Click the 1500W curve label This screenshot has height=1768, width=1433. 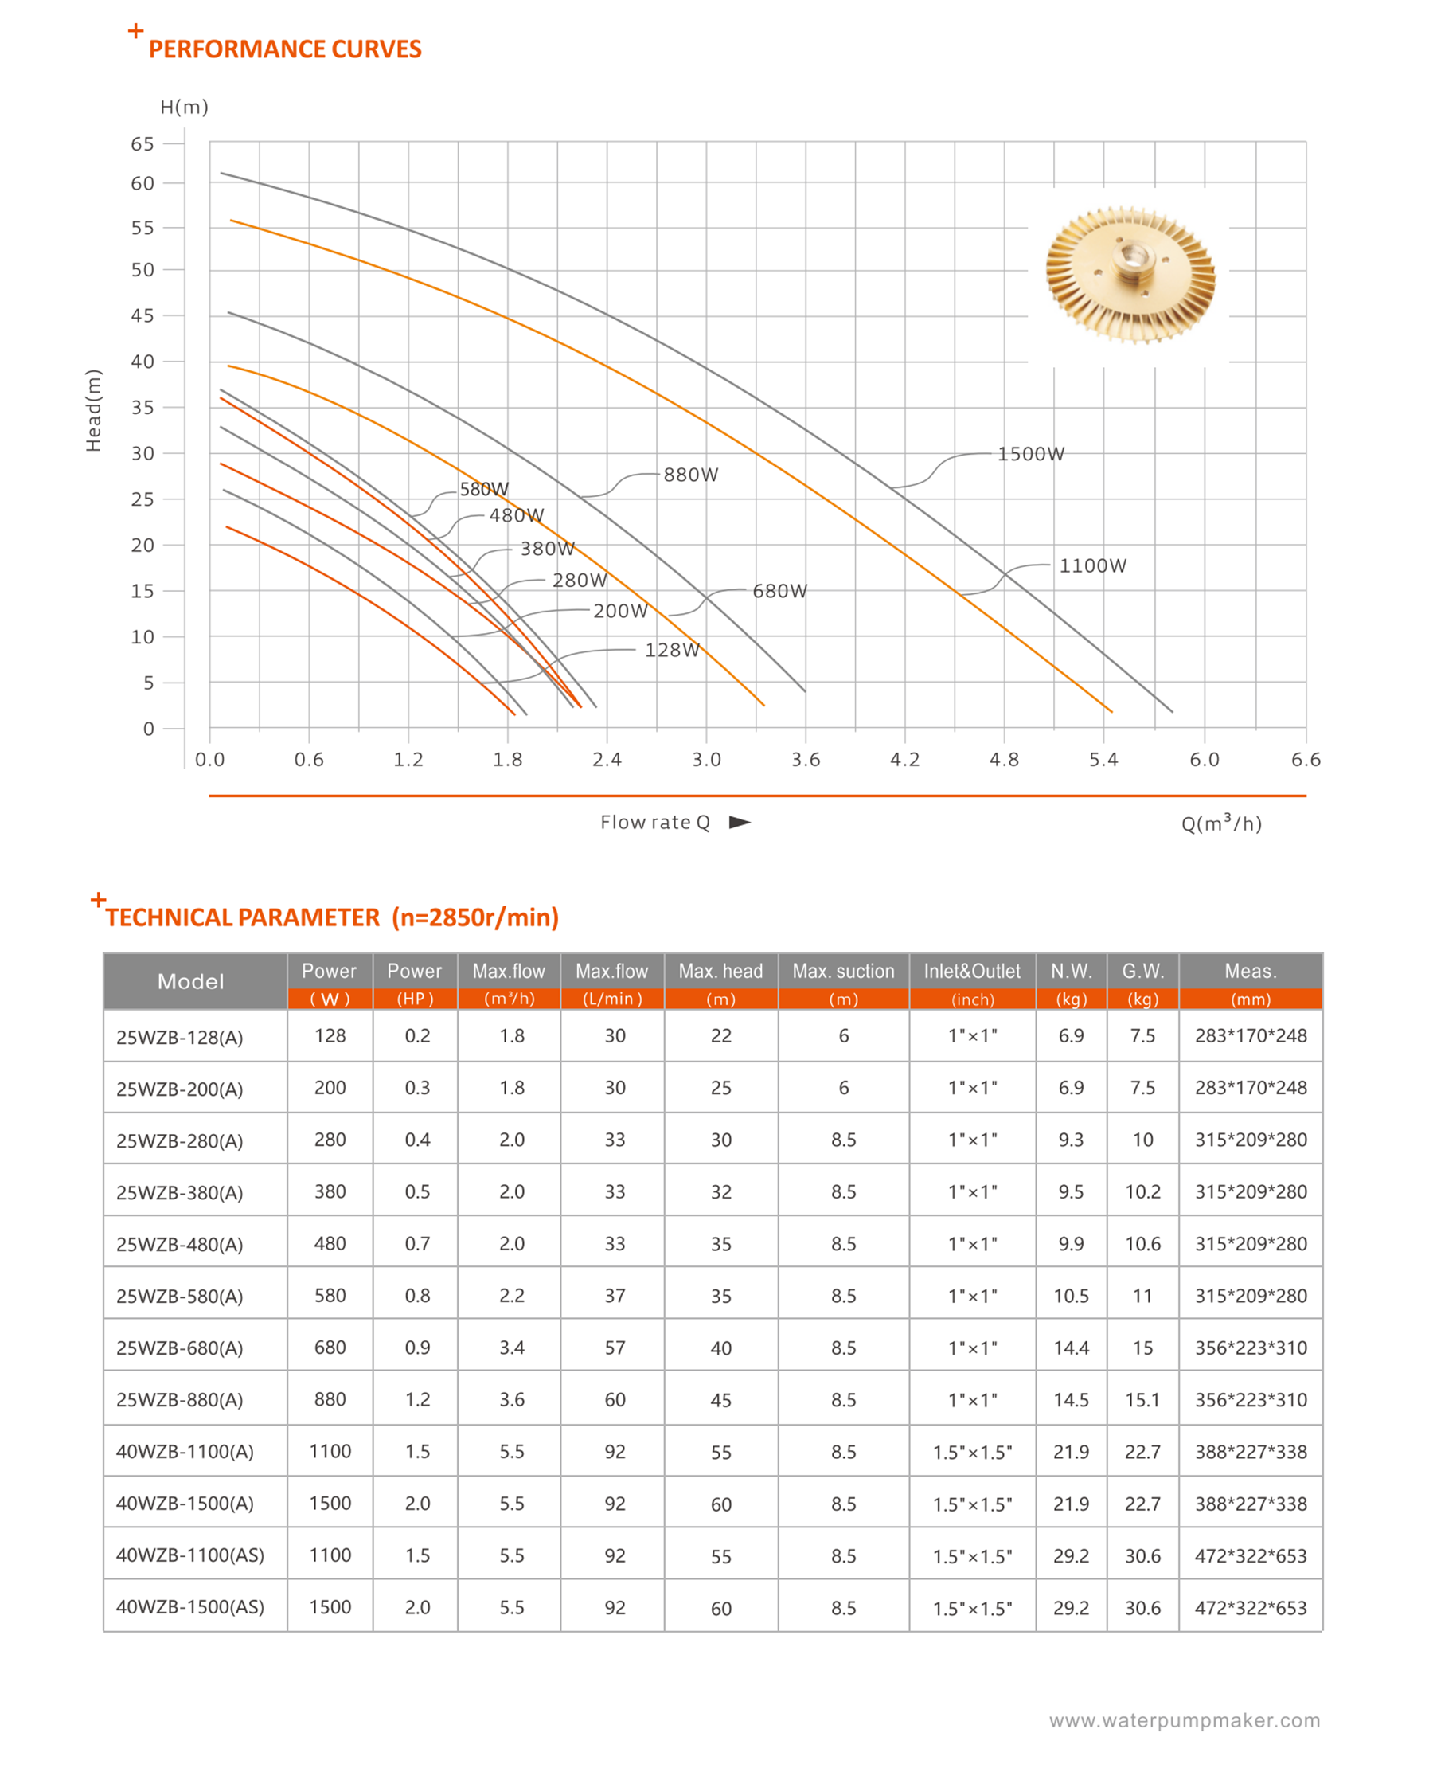coord(1030,453)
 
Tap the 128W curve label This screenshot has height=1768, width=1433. coord(672,650)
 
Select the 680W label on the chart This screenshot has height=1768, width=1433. coord(779,590)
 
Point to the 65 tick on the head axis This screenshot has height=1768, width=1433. coord(142,143)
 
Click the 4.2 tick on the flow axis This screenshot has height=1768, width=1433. coord(904,760)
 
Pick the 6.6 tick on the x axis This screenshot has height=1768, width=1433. coord(1306,760)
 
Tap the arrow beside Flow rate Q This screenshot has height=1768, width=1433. coord(740,822)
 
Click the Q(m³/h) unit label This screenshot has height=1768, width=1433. coord(1221,823)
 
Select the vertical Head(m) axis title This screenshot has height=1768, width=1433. coord(93,410)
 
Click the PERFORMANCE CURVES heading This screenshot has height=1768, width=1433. coord(285,49)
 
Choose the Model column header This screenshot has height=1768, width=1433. coord(191,981)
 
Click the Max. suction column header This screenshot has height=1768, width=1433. coord(843,971)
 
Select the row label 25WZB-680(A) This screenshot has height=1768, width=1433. coord(179,1348)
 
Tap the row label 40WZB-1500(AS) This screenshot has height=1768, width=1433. coord(189,1607)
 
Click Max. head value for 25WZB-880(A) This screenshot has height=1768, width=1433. coord(720,1400)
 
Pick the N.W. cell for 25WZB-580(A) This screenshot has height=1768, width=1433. coord(1071,1296)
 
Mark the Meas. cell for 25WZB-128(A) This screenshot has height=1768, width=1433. coord(1251,1035)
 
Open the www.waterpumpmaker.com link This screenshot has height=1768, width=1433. coord(1185,1721)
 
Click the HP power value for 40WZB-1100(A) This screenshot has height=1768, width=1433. coord(417,1451)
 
